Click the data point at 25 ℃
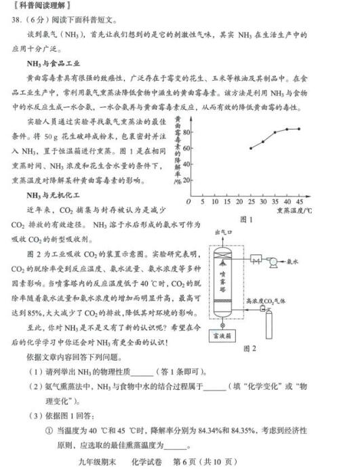(x=251, y=148)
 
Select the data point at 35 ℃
(x=275, y=133)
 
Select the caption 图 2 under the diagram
(x=249, y=348)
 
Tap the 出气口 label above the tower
(x=223, y=232)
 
